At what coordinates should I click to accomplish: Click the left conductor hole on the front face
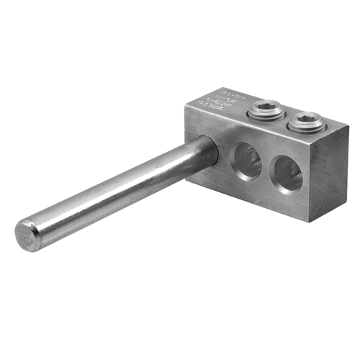coord(246,160)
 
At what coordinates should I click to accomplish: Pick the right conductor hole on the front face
coord(288,175)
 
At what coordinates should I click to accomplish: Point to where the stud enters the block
coord(210,153)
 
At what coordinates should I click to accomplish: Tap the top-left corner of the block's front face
coord(186,109)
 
